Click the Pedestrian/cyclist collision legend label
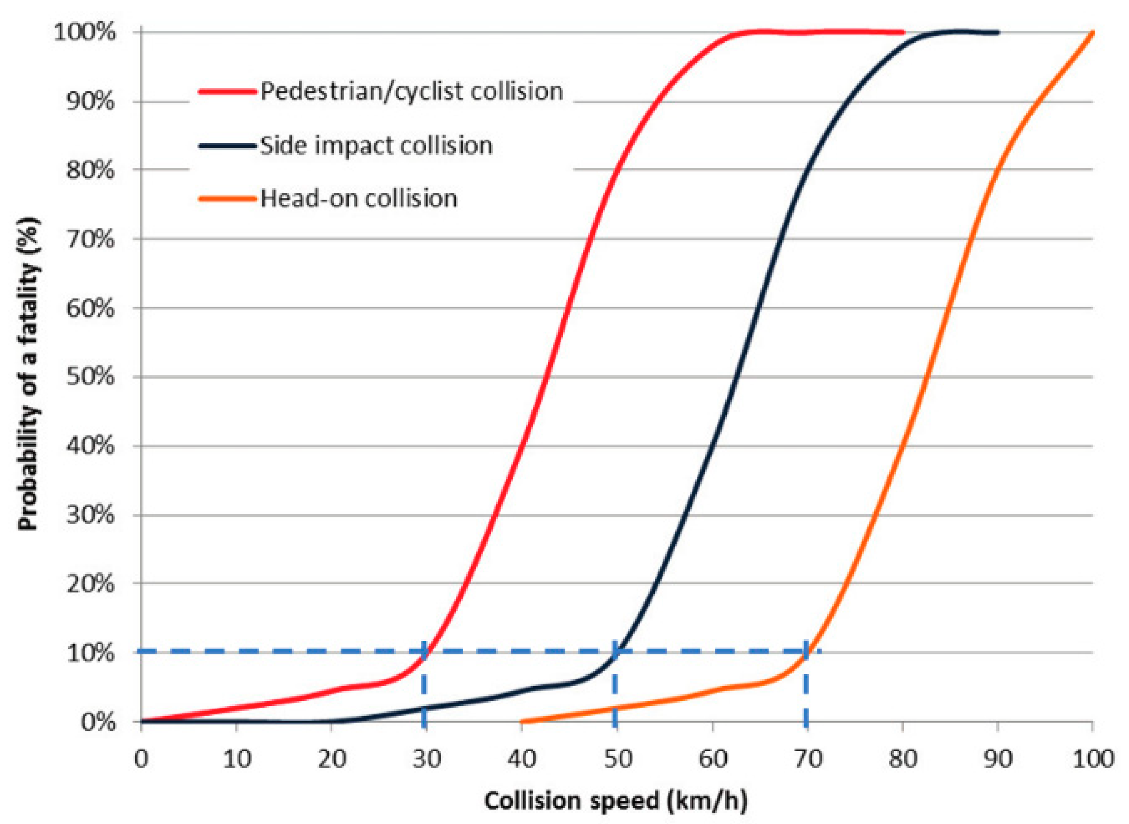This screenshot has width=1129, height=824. pos(411,92)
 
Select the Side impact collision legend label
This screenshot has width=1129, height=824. pos(376,146)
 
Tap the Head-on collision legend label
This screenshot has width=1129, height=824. pos(359,198)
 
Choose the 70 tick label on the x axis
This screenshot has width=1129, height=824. pos(808,759)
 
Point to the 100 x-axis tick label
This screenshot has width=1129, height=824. pos(1093,759)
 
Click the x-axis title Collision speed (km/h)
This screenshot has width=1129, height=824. pos(616,801)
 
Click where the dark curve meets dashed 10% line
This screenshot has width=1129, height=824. pos(617,651)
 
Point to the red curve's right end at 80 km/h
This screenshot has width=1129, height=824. pos(903,33)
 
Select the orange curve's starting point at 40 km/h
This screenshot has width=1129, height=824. pos(522,721)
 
